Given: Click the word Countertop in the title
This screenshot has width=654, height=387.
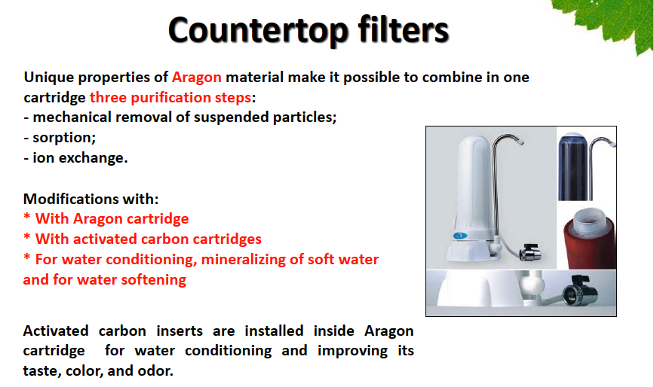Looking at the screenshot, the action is coord(259,30).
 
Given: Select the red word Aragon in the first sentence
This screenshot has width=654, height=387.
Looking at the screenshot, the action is coord(196,78).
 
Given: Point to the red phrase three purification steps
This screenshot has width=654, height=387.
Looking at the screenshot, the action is coord(170,97).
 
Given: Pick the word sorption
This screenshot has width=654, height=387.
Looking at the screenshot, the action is coord(64,138).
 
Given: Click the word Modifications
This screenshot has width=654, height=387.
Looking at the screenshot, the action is coord(72,199).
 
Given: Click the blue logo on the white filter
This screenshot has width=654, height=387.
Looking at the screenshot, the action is coord(460,236).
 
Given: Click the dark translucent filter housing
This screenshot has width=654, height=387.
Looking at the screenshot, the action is coord(573,166).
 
